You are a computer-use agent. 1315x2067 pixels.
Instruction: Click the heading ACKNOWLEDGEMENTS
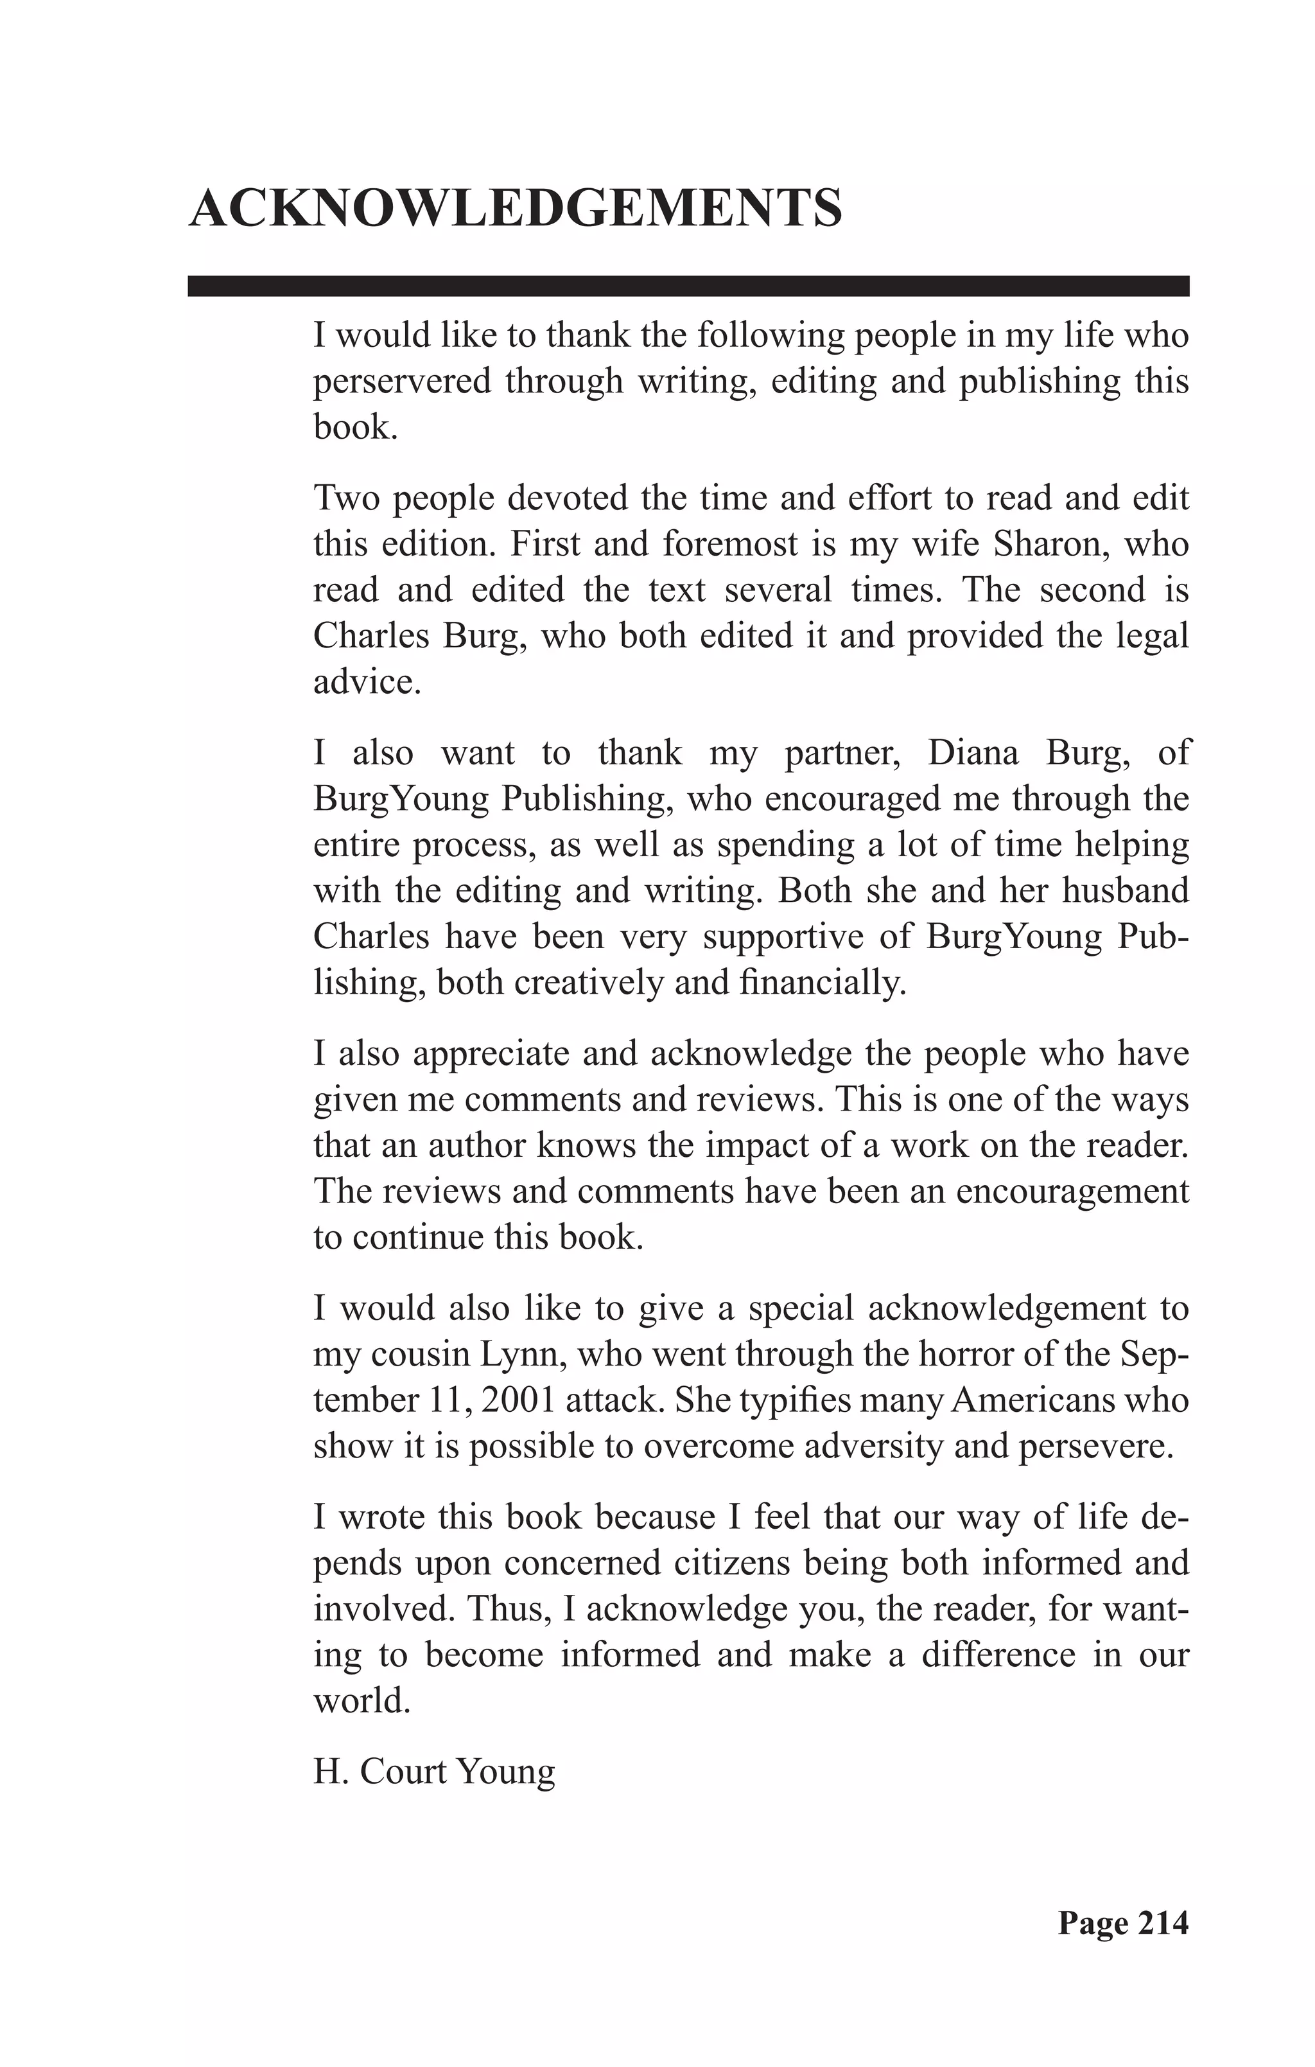tap(515, 209)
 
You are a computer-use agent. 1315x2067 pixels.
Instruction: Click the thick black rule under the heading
tap(688, 286)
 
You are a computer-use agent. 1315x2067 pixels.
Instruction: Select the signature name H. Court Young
tap(434, 1771)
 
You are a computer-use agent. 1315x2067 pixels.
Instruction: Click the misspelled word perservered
tap(402, 381)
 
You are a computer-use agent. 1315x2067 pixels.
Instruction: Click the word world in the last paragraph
tap(361, 1700)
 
